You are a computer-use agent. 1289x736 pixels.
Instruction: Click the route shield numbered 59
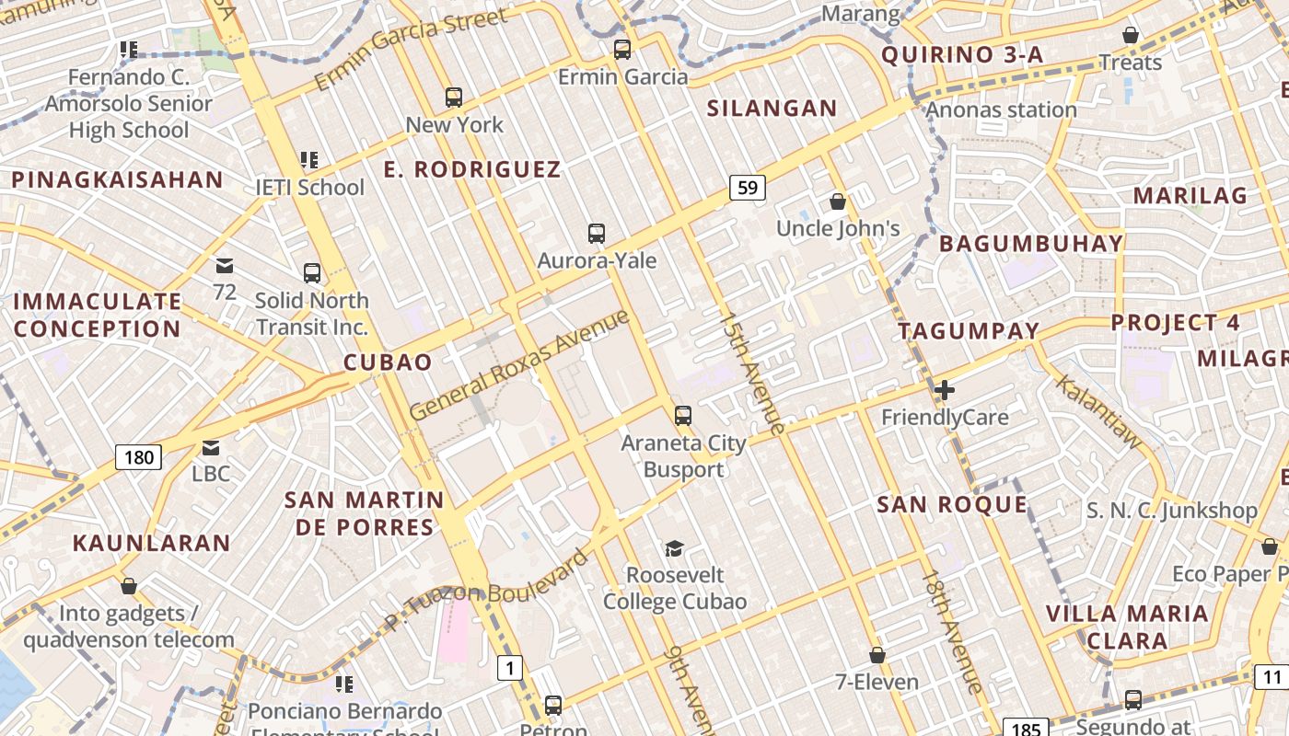(x=748, y=188)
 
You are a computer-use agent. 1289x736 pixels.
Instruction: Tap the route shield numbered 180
(x=138, y=456)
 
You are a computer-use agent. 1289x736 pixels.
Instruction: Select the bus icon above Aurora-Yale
(x=597, y=234)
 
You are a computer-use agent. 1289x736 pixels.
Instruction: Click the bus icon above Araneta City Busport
(x=682, y=415)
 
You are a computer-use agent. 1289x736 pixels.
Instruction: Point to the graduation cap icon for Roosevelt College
(x=675, y=548)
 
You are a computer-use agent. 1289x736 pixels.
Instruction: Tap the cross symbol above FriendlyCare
(x=944, y=390)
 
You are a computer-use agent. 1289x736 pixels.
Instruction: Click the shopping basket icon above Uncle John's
(x=838, y=201)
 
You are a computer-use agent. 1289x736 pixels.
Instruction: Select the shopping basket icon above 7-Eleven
(x=877, y=655)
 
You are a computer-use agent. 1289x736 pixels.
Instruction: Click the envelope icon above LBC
(x=211, y=448)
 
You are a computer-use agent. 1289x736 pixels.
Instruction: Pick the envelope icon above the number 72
(x=225, y=266)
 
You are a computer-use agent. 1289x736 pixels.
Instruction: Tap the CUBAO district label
(x=388, y=362)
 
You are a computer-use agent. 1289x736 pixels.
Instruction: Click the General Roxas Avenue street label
(x=519, y=365)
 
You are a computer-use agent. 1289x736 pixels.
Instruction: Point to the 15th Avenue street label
(x=751, y=373)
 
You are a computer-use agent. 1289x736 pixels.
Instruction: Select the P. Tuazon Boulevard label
(x=485, y=590)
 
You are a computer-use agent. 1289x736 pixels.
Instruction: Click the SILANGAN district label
(x=772, y=109)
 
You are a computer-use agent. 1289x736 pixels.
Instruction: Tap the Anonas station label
(x=1001, y=110)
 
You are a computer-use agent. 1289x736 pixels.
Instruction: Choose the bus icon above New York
(x=453, y=97)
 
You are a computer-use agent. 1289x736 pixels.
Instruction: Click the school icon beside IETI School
(x=309, y=160)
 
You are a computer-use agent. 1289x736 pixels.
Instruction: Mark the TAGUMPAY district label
(x=969, y=330)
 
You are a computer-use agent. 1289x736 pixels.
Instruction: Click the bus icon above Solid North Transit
(x=312, y=273)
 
